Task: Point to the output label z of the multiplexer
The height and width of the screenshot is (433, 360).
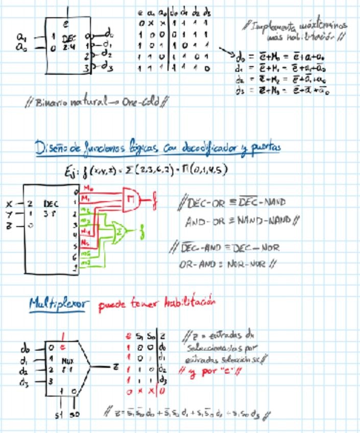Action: [116, 366]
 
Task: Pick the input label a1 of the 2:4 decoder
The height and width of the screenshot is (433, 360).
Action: [21, 37]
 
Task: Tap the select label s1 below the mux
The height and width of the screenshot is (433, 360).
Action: [58, 414]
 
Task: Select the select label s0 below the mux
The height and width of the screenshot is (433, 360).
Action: [75, 414]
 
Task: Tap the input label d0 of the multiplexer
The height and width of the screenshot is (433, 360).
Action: [24, 348]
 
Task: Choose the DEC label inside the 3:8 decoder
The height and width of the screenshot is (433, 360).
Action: [51, 203]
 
